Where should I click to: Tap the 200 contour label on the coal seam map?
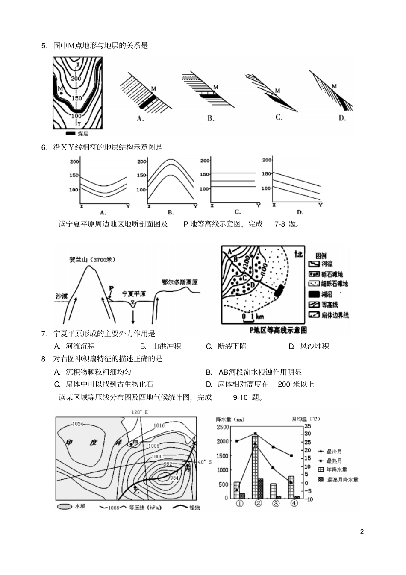(x=76, y=79)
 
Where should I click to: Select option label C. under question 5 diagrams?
(x=279, y=117)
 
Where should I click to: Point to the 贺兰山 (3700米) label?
(x=92, y=259)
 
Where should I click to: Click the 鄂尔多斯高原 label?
(x=179, y=283)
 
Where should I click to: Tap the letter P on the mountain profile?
(x=111, y=288)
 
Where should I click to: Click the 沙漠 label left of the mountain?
(x=62, y=296)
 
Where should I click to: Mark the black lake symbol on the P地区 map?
(x=279, y=290)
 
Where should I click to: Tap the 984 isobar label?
(x=174, y=478)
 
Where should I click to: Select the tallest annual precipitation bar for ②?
(x=255, y=466)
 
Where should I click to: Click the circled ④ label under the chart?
(x=294, y=503)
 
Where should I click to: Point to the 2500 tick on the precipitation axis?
(x=223, y=427)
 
